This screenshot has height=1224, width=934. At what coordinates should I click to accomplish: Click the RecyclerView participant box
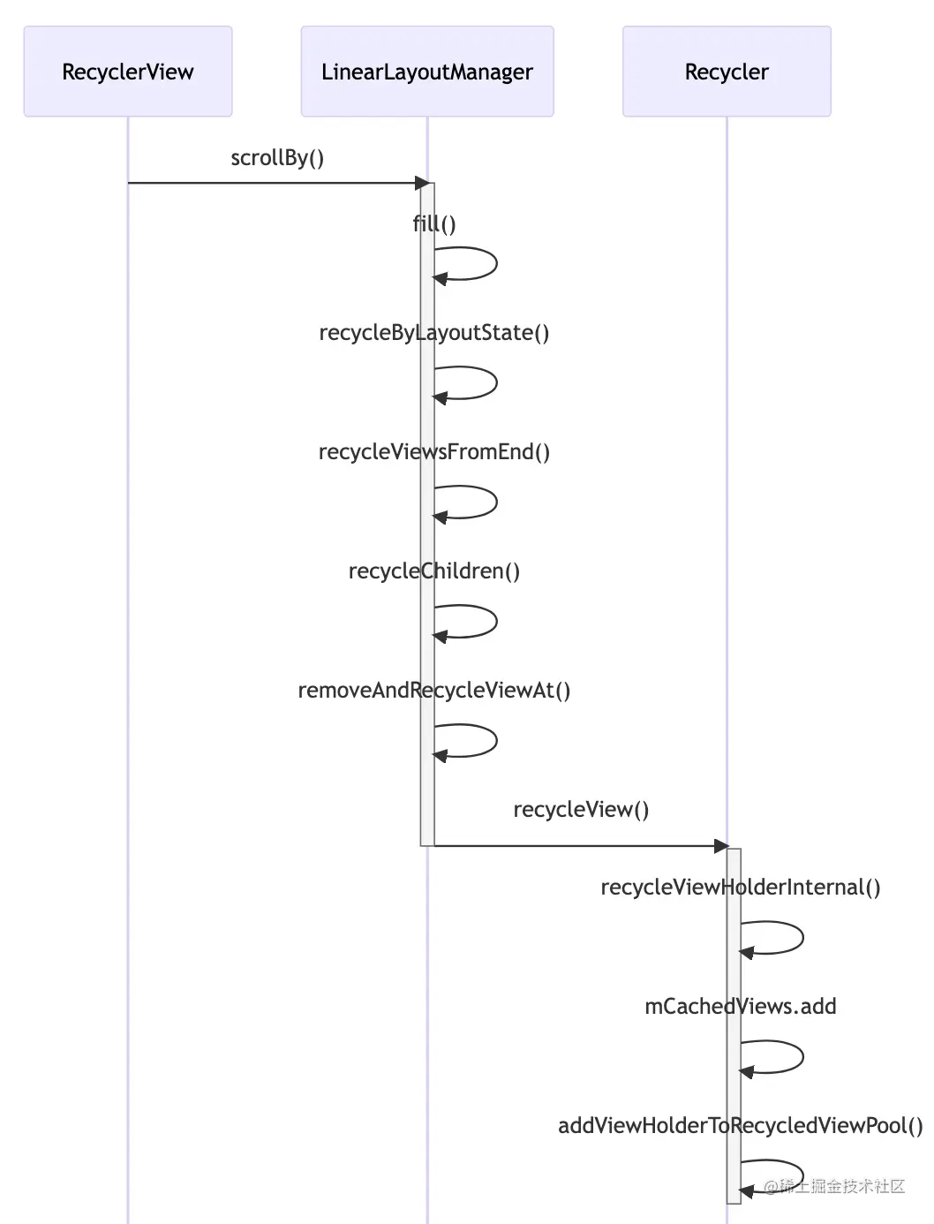tap(128, 72)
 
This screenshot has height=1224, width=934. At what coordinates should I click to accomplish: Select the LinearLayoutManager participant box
tap(427, 72)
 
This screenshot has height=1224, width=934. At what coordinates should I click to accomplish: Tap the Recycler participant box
tap(727, 72)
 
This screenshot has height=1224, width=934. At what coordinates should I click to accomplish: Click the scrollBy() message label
tap(277, 158)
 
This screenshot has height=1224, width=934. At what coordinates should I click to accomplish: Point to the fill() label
tap(434, 223)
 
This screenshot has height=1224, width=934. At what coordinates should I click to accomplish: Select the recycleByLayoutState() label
tap(434, 333)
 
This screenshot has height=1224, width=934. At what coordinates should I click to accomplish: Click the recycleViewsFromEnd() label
tap(434, 452)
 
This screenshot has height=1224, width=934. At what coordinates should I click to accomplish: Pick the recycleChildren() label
tap(434, 571)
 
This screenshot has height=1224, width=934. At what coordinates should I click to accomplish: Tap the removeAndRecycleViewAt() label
tap(434, 691)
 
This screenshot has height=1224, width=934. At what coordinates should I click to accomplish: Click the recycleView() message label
tap(581, 810)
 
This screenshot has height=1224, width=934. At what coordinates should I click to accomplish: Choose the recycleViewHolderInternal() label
tap(741, 888)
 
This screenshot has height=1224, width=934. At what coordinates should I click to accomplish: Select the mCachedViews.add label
tap(741, 1007)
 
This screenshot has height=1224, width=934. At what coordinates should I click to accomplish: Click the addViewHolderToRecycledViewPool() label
tap(741, 1126)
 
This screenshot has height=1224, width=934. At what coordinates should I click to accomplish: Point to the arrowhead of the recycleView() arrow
tap(721, 846)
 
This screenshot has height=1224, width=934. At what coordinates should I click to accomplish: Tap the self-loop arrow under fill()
tap(481, 263)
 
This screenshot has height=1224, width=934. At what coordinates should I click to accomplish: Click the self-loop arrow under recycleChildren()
tap(481, 621)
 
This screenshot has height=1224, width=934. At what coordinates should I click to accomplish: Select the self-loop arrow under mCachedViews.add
tap(787, 1057)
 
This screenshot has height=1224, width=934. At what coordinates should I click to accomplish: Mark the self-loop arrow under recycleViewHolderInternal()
tap(787, 938)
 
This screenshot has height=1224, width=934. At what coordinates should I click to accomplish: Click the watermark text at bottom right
tap(834, 1186)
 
